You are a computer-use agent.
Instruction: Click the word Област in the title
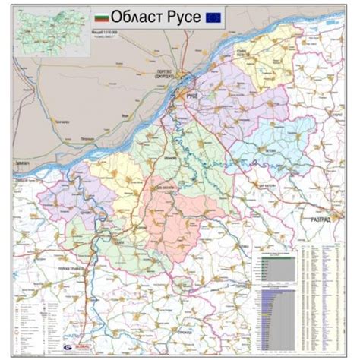[139, 16]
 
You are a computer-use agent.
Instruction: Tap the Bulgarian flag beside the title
[100, 15]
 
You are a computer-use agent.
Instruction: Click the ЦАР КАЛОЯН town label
[265, 186]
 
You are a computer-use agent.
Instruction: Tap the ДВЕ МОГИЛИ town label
[166, 188]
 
